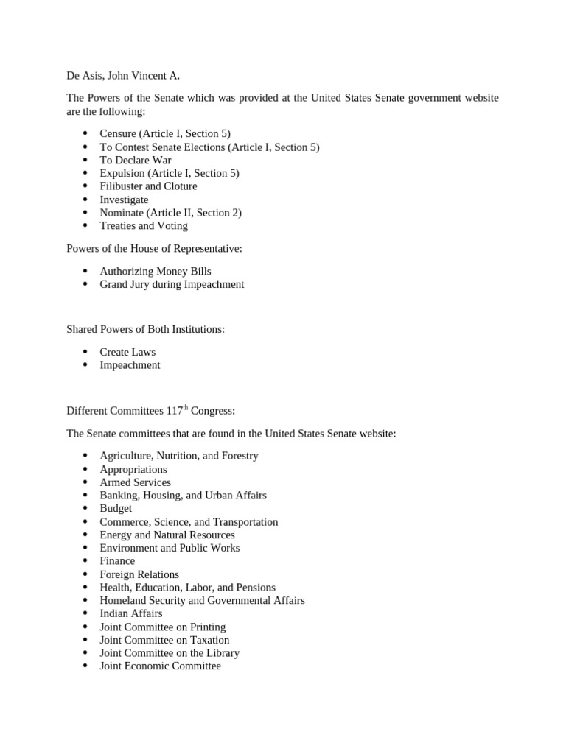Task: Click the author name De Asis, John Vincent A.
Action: (122, 75)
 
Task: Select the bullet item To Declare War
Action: (136, 160)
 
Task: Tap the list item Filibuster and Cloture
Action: (148, 186)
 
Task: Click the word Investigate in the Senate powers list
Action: (124, 200)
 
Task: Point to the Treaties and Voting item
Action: (144, 226)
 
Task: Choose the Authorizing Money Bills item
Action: (156, 271)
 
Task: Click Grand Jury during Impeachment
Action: (172, 284)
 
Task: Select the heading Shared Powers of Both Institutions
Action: (145, 329)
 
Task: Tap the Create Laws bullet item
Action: (127, 352)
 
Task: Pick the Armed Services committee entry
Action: (135, 482)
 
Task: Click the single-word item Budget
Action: (116, 508)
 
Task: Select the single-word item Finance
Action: (117, 561)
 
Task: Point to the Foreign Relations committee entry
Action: (139, 574)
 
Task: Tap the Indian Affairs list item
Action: (131, 613)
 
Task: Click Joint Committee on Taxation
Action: (164, 640)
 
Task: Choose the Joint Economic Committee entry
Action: (160, 666)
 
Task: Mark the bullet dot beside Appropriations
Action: (85, 469)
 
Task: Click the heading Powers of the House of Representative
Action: (154, 249)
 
